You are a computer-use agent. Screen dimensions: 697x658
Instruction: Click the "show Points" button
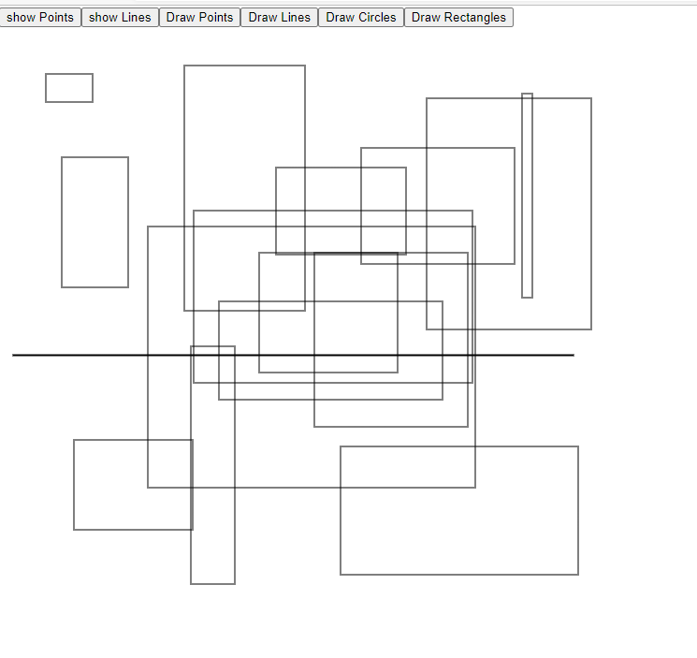[x=40, y=17]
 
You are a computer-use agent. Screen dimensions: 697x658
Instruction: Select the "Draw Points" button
[x=199, y=17]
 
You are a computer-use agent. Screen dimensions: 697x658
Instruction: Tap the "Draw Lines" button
[x=279, y=17]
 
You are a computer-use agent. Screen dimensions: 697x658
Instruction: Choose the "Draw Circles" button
[x=360, y=17]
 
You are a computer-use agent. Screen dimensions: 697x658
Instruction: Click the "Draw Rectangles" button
[x=458, y=17]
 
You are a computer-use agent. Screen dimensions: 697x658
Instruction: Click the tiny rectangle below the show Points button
[x=69, y=88]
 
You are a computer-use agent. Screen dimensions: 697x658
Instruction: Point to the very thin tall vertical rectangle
[x=528, y=196]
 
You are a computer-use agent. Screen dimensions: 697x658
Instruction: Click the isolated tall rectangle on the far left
[x=94, y=222]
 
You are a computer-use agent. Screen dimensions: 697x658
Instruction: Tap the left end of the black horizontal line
[x=13, y=355]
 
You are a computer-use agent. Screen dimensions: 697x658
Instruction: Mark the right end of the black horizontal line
[x=573, y=355]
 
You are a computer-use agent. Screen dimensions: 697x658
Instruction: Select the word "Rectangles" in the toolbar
[x=474, y=17]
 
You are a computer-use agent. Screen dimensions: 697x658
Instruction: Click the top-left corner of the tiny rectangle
[x=46, y=74]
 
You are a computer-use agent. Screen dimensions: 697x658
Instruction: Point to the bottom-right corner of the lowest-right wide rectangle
[x=578, y=574]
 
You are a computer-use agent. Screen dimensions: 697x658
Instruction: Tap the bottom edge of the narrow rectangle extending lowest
[x=212, y=583]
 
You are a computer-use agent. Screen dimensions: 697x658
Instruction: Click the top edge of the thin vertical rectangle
[x=528, y=94]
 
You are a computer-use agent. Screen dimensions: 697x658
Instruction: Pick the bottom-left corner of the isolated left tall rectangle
[x=62, y=286]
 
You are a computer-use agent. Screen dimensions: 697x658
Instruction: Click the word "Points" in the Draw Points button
[x=214, y=17]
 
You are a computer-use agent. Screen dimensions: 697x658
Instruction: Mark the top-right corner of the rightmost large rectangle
[x=591, y=98]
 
